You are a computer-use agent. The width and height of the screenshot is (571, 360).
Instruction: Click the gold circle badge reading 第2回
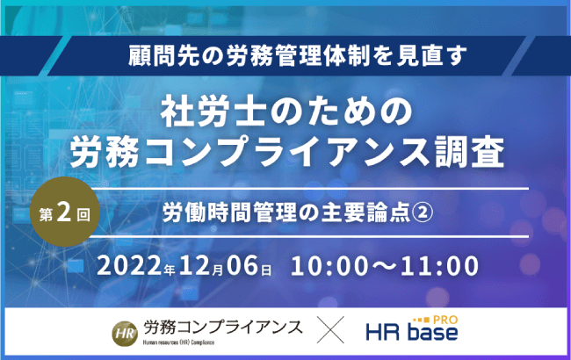pos(65,212)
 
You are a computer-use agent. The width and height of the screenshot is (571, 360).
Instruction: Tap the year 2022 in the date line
pos(129,266)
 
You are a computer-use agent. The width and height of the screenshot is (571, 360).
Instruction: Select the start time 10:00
pos(329,266)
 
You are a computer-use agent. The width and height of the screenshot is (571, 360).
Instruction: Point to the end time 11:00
pos(439,266)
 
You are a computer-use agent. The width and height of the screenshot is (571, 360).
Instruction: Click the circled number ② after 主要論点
pos(423,212)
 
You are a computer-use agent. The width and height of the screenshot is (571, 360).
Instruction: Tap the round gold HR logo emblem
pos(125,334)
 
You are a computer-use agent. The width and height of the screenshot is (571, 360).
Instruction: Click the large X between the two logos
pos(330,330)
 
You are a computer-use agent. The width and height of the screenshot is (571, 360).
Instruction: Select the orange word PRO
pos(445,320)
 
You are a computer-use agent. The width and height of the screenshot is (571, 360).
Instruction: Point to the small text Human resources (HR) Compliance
pos(178,342)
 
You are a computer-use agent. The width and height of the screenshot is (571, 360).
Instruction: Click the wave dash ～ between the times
pos(385,266)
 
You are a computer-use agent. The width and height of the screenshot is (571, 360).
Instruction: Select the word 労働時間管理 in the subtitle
pos(230,212)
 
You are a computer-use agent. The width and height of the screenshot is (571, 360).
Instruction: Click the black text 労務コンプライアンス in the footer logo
pos(222,328)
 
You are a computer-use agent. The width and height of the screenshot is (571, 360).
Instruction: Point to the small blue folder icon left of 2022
pos(76,266)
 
